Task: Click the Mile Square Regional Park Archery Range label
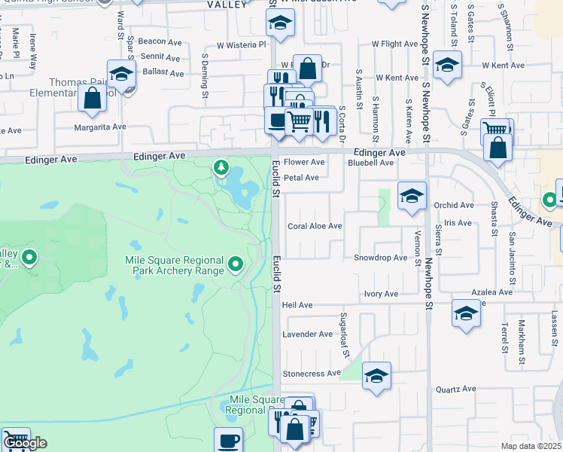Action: coord(174,265)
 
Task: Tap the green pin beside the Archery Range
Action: coord(236,264)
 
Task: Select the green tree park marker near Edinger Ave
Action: coord(221,166)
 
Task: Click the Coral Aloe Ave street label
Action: coord(315,226)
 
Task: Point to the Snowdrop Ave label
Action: coord(380,258)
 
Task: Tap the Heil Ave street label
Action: coord(297,305)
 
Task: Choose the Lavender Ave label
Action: coord(306,334)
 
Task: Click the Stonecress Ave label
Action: coord(311,374)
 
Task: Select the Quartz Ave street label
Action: coord(456,389)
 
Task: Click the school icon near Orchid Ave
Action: coord(412,197)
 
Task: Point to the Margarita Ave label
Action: coord(100,127)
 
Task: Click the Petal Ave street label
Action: coord(301,178)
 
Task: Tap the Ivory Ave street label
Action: coord(381,294)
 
